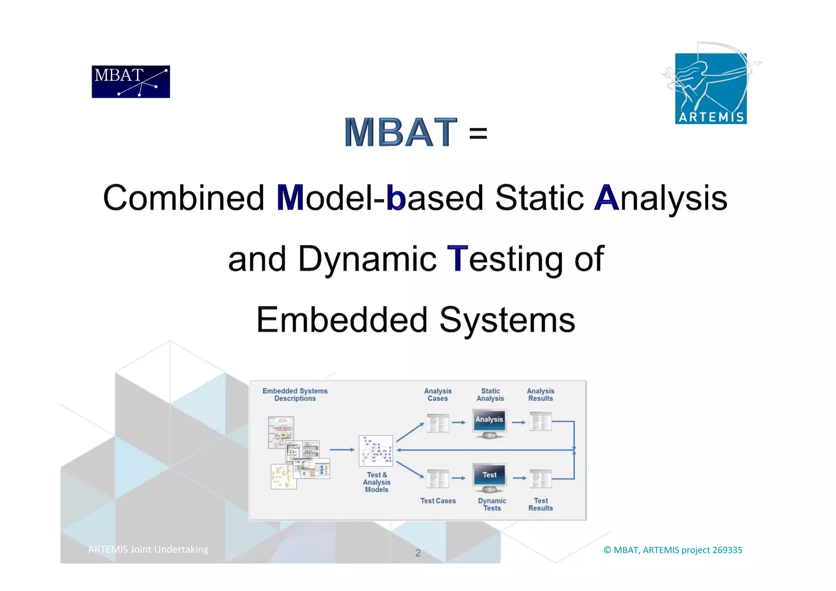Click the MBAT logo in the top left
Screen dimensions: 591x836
[131, 82]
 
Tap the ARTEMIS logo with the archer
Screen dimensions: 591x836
[711, 88]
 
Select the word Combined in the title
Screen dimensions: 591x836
[184, 198]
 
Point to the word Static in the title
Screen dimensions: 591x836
[539, 198]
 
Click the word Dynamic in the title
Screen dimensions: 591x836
[367, 259]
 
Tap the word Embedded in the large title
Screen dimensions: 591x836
[342, 320]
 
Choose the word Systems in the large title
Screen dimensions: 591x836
[507, 320]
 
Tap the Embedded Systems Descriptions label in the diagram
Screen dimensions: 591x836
[295, 395]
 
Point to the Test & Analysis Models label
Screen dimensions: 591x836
[376, 482]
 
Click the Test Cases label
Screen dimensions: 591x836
[438, 501]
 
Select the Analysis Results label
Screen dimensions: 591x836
[540, 395]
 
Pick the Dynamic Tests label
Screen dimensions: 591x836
[492, 504]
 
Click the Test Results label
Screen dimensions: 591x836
[540, 504]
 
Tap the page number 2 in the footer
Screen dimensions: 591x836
[418, 553]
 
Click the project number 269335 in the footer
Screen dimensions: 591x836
[727, 550]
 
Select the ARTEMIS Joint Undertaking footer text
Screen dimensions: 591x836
[148, 549]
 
